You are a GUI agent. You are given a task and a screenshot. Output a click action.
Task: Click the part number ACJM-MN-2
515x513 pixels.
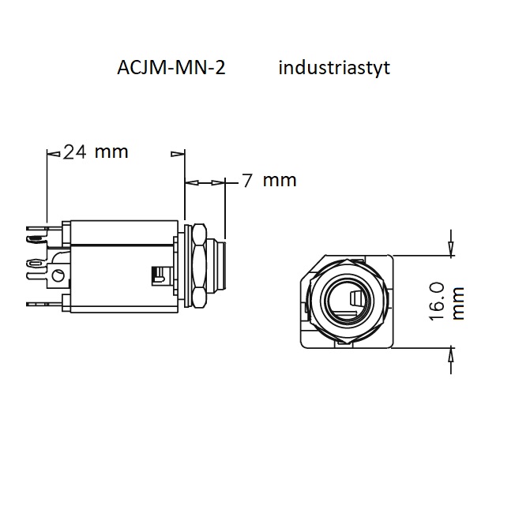click(x=171, y=68)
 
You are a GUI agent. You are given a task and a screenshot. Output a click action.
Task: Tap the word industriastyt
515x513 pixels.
click(x=334, y=69)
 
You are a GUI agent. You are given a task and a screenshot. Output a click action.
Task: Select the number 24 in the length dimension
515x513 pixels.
click(x=75, y=152)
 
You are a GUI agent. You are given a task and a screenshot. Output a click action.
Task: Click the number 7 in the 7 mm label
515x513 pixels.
click(x=247, y=181)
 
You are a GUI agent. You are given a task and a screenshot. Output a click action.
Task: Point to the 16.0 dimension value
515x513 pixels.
click(x=437, y=301)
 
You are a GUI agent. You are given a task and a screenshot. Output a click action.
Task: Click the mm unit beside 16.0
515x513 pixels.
click(x=458, y=303)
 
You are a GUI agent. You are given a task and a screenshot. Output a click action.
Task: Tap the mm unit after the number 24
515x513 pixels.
click(x=111, y=152)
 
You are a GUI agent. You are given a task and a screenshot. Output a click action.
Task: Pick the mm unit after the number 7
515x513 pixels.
click(x=280, y=181)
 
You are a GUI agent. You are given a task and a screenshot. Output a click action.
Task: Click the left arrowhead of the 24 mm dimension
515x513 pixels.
click(x=54, y=154)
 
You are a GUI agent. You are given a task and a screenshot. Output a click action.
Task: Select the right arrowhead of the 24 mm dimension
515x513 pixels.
click(x=178, y=154)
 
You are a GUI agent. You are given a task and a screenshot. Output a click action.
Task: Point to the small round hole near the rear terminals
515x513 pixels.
click(x=59, y=275)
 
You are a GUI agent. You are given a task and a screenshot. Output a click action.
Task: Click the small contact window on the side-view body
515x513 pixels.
click(x=158, y=275)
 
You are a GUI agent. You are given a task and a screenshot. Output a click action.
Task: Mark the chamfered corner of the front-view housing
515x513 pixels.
click(x=313, y=268)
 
